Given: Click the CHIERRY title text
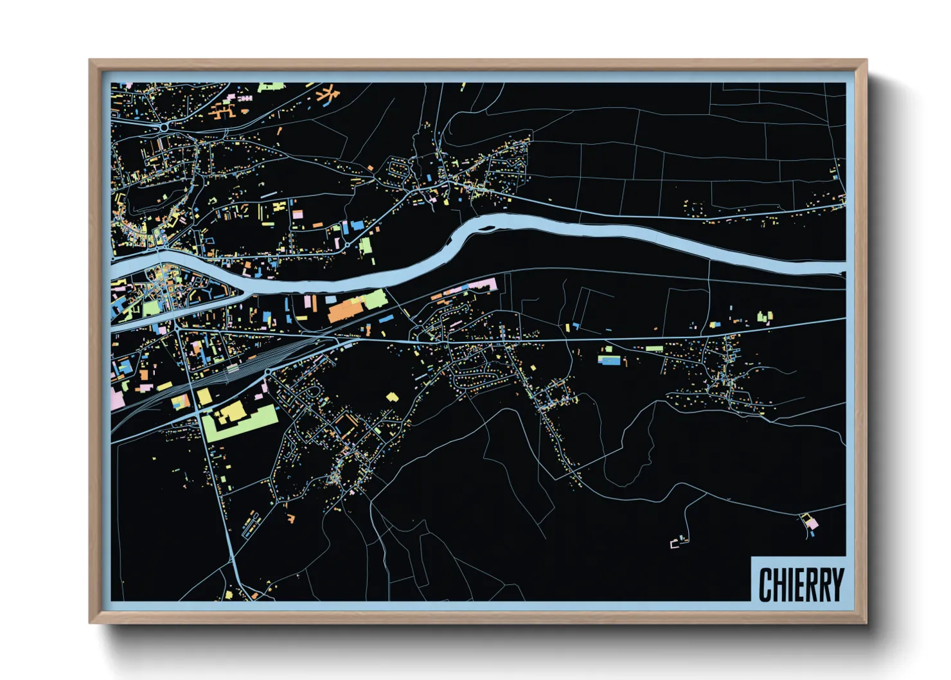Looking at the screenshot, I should pos(801,584).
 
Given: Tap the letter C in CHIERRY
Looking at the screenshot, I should pos(766,584).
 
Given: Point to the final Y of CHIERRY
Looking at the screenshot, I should pos(836,584).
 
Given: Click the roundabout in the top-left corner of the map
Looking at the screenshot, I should pos(164,127).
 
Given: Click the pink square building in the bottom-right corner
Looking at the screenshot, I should pos(812,524).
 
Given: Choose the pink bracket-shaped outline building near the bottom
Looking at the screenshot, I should pos(675,544).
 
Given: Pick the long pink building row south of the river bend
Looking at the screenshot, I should pos(472,287).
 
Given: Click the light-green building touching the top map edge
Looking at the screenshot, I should pos(271,86).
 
